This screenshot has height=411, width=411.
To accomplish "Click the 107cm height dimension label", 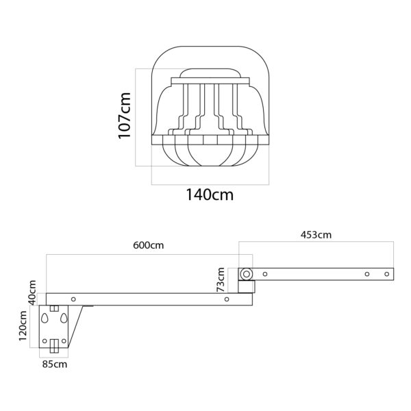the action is tap(124, 115).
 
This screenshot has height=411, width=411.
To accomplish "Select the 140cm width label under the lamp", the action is tap(210, 195).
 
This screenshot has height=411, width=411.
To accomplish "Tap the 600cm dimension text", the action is tap(149, 245).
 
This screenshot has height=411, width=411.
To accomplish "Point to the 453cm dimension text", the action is tap(316, 235).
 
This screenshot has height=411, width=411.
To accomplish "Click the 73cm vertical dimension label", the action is tap(221, 279).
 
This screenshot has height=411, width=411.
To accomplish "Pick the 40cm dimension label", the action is tap(32, 292).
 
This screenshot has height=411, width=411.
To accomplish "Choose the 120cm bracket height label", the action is tap(23, 326).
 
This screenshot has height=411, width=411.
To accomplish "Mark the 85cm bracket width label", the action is tap(55, 364).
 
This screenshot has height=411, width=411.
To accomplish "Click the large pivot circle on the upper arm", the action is tap(246, 274).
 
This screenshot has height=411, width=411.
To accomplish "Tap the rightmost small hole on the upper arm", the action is tap(386, 274).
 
